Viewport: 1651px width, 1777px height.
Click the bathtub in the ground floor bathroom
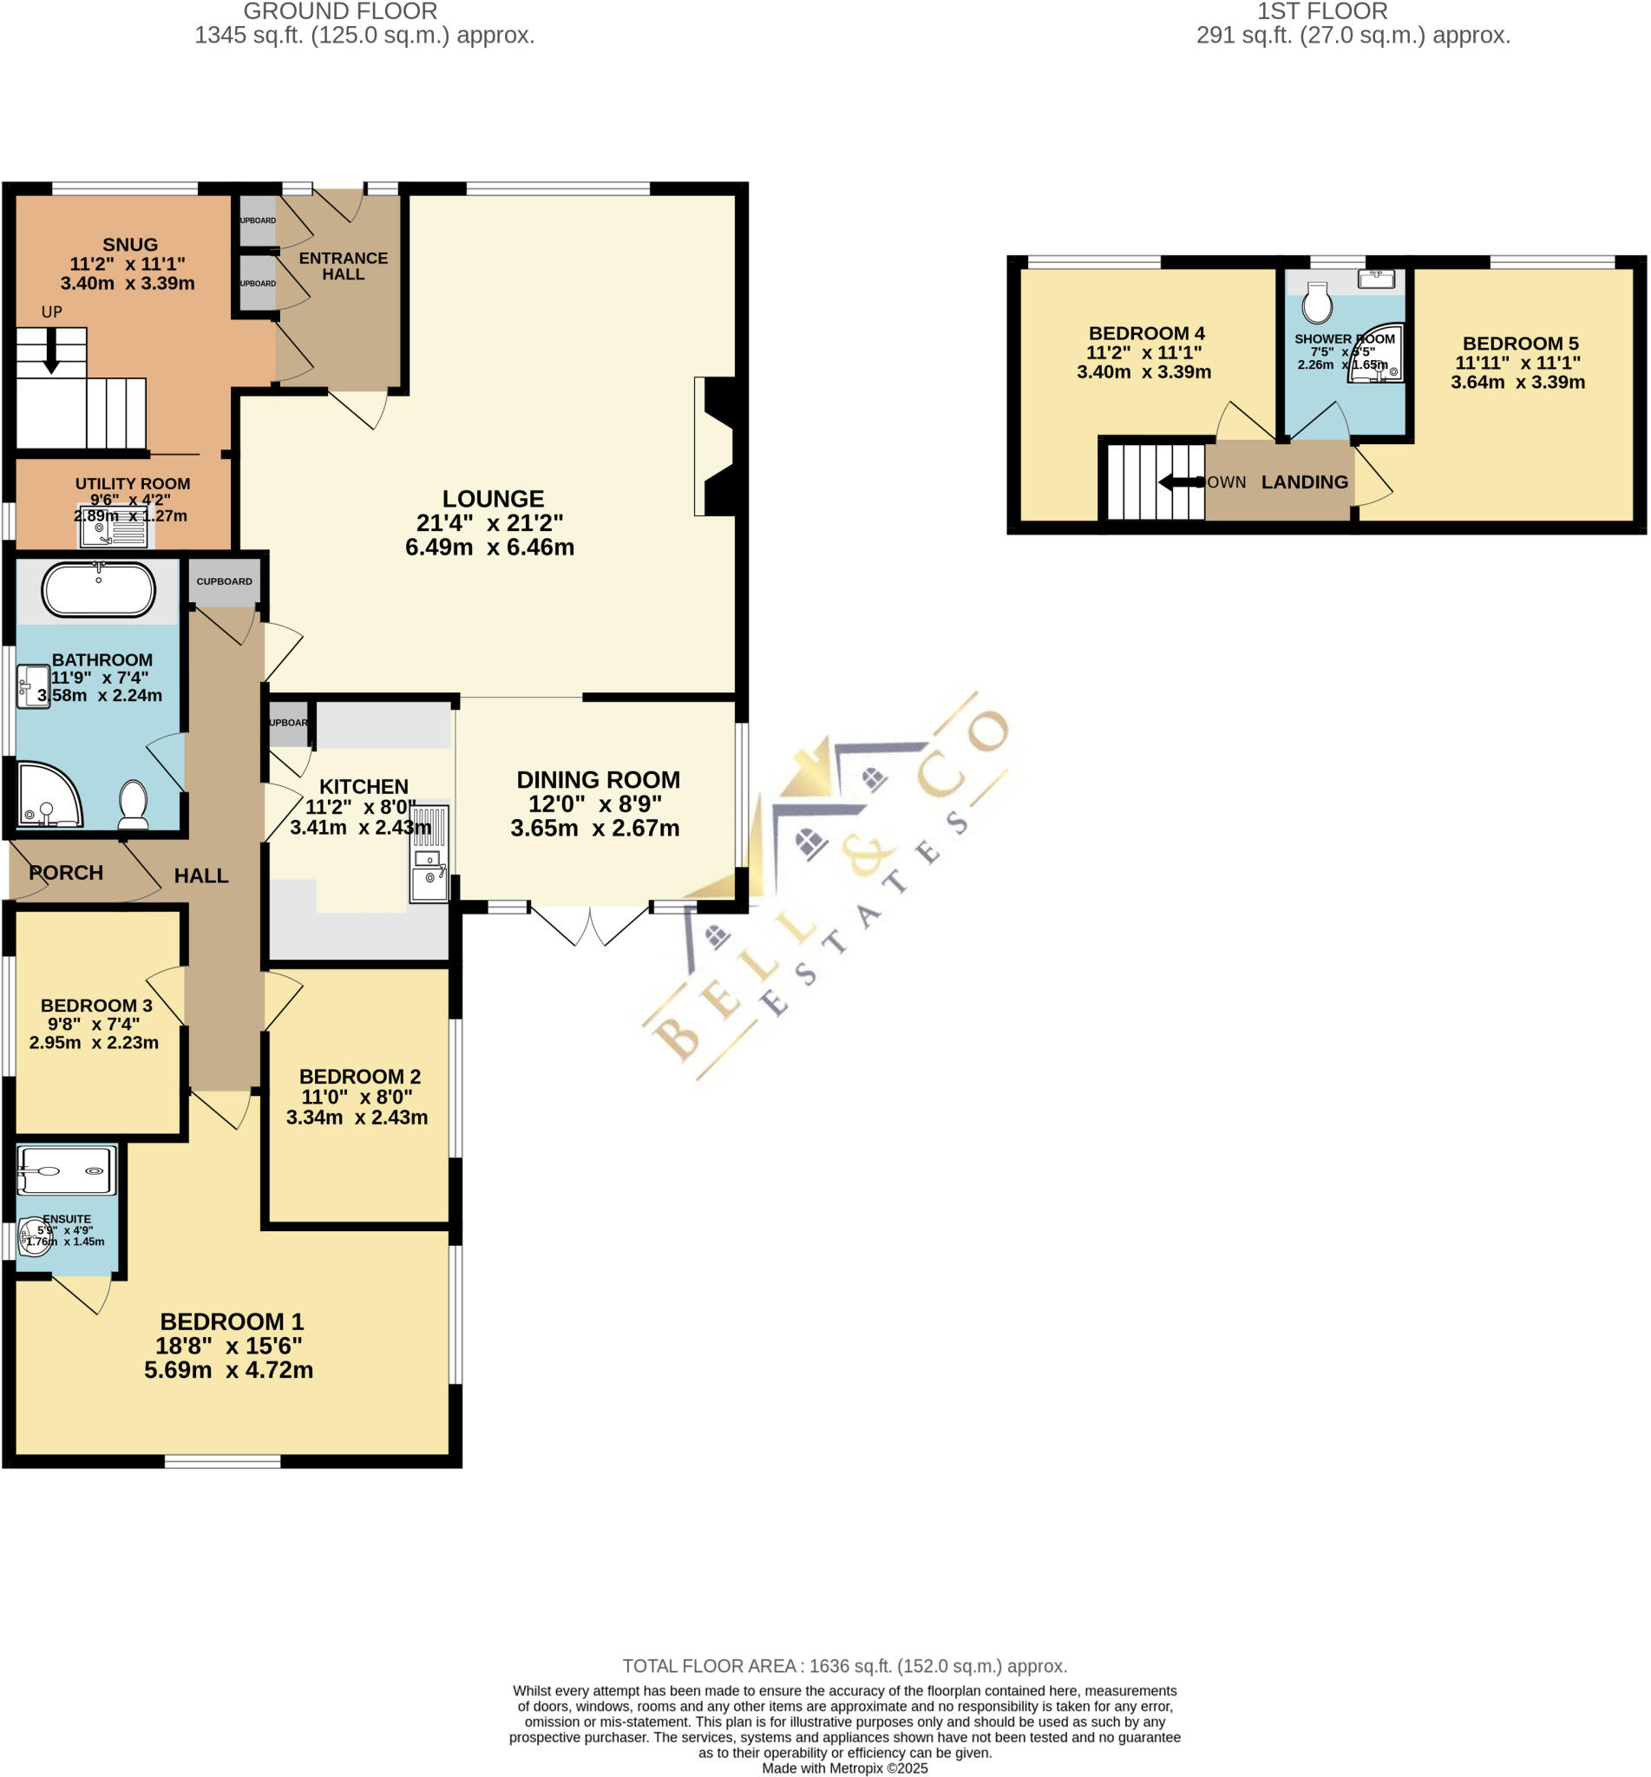click(x=98, y=589)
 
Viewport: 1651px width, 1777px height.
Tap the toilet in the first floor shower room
click(x=1317, y=303)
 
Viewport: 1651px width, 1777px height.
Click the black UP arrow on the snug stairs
click(x=52, y=351)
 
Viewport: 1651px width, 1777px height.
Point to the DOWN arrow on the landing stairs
click(x=1179, y=482)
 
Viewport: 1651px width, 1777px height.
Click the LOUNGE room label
click(x=492, y=499)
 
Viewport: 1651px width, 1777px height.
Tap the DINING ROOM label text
click(x=598, y=780)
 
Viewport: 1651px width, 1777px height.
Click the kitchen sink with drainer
click(x=429, y=853)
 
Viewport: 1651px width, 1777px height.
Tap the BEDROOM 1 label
click(x=232, y=1321)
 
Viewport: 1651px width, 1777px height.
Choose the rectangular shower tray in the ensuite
click(x=66, y=1170)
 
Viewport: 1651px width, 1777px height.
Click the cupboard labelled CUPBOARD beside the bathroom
click(x=224, y=580)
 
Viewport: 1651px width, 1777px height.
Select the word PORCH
click(x=66, y=873)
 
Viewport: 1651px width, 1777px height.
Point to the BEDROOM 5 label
click(x=1520, y=343)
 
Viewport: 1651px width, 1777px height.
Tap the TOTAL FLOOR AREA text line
click(x=844, y=1666)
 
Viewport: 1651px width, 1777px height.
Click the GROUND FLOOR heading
click(x=340, y=11)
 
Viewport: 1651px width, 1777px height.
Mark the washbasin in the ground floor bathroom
click(x=33, y=686)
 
